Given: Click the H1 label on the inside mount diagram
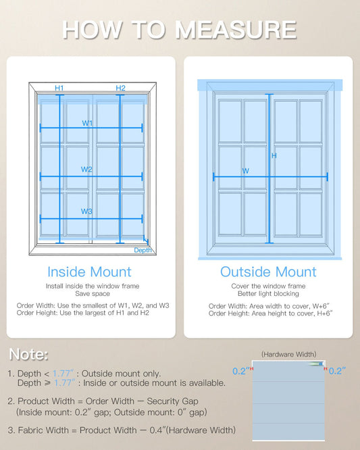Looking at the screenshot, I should point(59,88).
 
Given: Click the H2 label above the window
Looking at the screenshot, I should point(120,88).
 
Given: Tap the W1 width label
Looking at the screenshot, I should point(87,123).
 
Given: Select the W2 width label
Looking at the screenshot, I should point(86,170).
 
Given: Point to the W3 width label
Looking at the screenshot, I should point(86,211).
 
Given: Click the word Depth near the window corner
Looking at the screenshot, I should point(143,250).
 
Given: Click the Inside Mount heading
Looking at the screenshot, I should point(89,272).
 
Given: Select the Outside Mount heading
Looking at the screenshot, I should point(268,272).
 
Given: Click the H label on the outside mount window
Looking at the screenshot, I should point(274,155).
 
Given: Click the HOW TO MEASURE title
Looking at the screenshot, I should point(180,29).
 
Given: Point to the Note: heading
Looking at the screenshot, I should point(28,354).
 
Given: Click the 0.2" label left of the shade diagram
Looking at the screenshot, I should point(240,371).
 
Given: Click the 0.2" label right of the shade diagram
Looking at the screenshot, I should point(338,371).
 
